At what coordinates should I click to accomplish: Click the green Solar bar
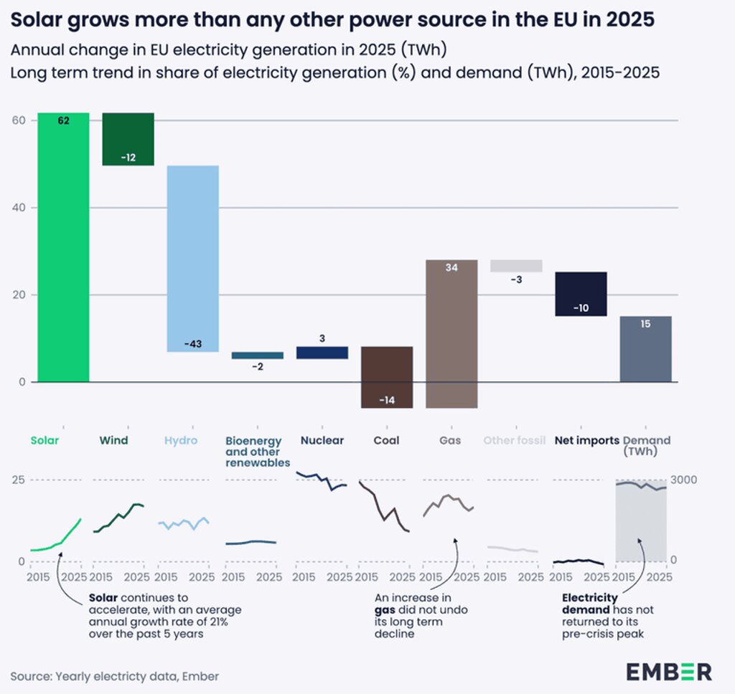[63, 247]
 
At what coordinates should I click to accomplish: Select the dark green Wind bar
[128, 139]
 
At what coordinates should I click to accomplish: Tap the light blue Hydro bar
[192, 258]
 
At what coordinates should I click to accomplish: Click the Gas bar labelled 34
[451, 333]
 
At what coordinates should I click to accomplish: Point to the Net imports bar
[581, 293]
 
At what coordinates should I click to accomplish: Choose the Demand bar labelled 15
[645, 348]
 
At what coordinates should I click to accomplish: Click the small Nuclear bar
[322, 353]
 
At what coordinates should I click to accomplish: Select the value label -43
[192, 344]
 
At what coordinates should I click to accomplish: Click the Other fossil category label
[515, 440]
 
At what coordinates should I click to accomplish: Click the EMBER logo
[669, 672]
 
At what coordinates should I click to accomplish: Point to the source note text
[115, 676]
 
